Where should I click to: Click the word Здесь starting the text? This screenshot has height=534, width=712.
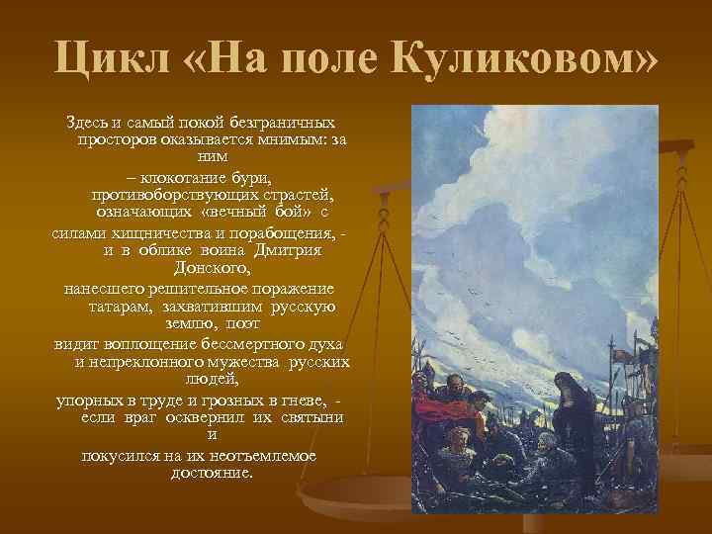(86, 122)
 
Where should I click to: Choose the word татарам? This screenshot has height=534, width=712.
(113, 306)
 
